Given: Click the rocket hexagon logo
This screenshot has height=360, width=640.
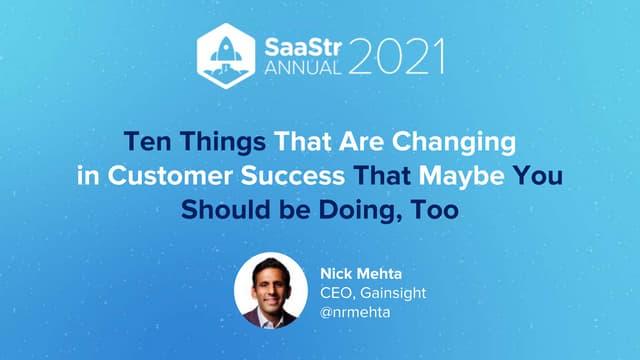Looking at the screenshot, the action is (x=226, y=56).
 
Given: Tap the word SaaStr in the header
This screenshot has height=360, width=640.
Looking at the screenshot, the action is (x=302, y=49).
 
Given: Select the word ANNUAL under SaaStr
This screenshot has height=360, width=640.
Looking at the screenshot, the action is (x=302, y=68).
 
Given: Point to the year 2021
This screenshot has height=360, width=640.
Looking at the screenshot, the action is (x=396, y=56).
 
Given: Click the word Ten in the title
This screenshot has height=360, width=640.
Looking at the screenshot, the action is (x=147, y=141).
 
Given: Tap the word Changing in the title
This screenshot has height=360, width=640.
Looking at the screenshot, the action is (x=454, y=142).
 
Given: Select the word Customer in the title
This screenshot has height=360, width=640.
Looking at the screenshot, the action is (x=170, y=176).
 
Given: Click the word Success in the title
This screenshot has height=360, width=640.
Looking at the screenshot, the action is (x=293, y=176).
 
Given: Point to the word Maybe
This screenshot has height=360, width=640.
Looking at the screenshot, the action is (x=461, y=177).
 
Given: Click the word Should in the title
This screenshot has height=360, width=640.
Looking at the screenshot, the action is (x=226, y=210).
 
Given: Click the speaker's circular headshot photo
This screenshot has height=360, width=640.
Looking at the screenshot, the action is (x=271, y=291).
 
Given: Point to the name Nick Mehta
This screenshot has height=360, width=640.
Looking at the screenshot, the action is (x=361, y=273).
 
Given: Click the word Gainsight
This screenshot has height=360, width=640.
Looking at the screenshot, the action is (x=393, y=293).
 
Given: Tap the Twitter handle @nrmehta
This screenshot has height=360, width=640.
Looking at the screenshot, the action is (x=355, y=313).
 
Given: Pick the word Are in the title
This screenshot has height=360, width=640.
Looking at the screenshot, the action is (x=361, y=141).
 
